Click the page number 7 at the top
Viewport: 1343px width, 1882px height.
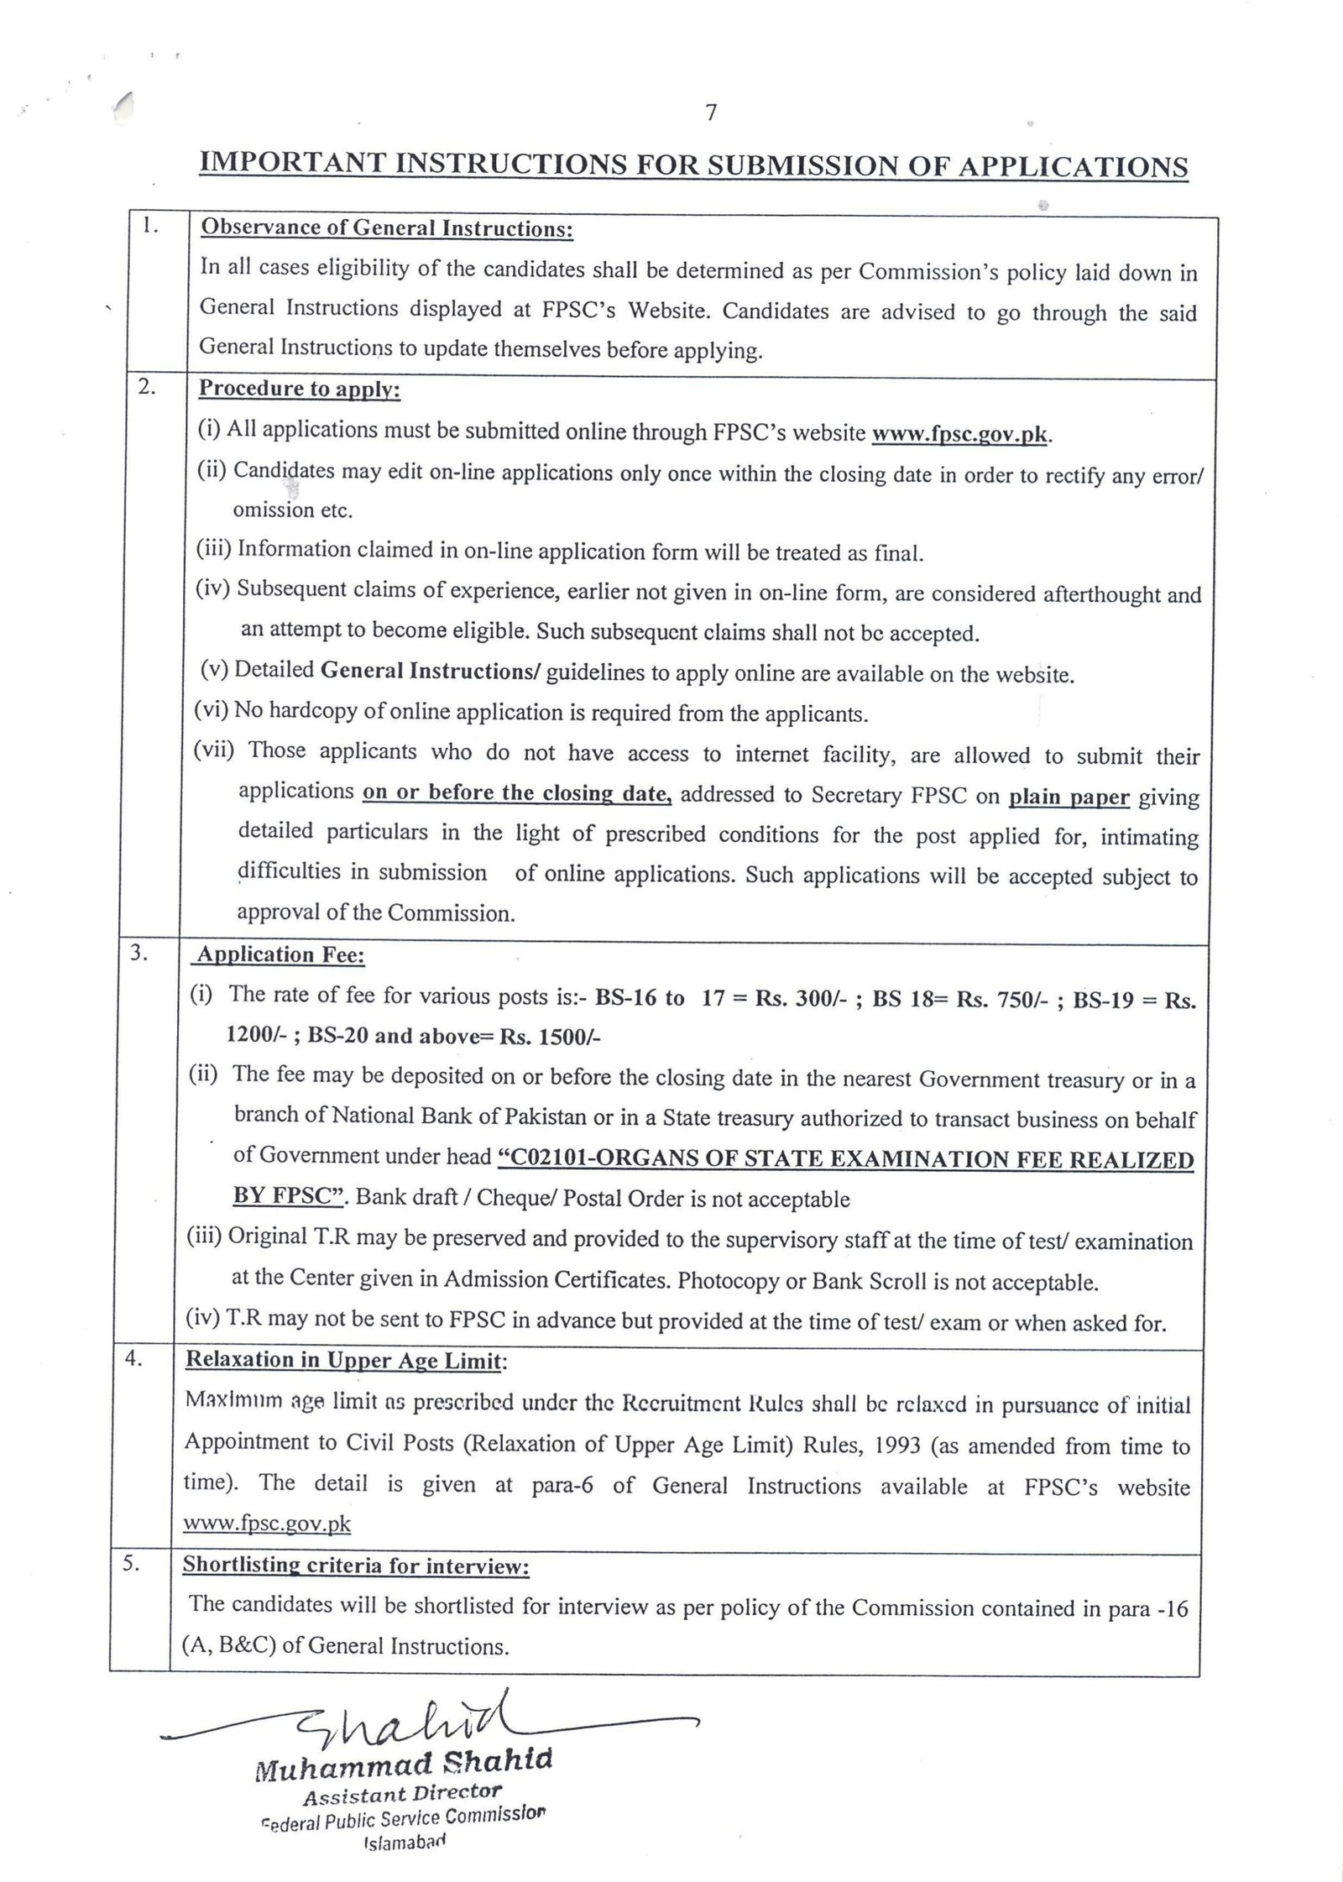click(x=711, y=113)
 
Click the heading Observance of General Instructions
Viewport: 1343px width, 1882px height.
click(x=386, y=229)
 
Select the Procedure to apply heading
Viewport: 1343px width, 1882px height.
click(x=300, y=389)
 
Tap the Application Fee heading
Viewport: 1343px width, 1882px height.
click(x=280, y=955)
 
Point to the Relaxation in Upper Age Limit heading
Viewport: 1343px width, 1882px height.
click(x=344, y=1360)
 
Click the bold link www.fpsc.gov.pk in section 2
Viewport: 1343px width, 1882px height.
click(x=961, y=435)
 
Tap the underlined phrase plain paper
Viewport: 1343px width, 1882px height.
click(x=1069, y=797)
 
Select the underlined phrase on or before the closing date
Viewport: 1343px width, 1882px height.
click(x=517, y=793)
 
